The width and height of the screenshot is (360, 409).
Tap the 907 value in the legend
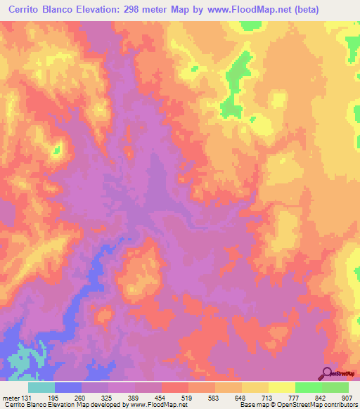click(347, 397)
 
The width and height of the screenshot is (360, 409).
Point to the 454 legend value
click(169, 397)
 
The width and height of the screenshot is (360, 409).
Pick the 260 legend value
click(87, 397)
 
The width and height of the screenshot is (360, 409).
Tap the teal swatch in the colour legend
click(41, 387)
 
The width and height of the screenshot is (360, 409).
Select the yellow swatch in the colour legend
click(281, 387)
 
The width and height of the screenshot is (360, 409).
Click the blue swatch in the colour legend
click(68, 387)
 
